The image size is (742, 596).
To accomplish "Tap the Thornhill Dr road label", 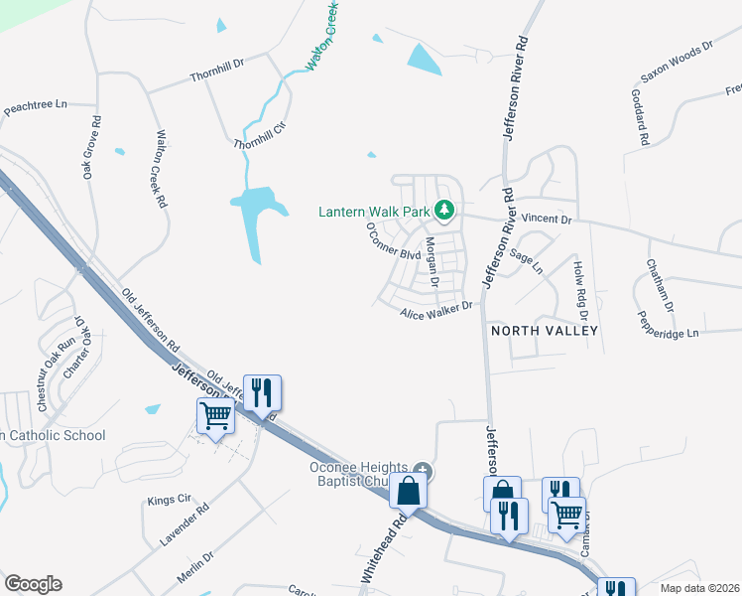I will pos(217,69).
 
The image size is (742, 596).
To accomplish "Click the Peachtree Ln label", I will pos(35,104).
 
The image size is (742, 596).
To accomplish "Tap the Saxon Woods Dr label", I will pos(678,62).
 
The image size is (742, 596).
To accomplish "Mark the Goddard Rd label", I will pos(641,117).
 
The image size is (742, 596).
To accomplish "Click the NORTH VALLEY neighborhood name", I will pos(545,330).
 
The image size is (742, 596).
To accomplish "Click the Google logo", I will pos(33,584).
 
